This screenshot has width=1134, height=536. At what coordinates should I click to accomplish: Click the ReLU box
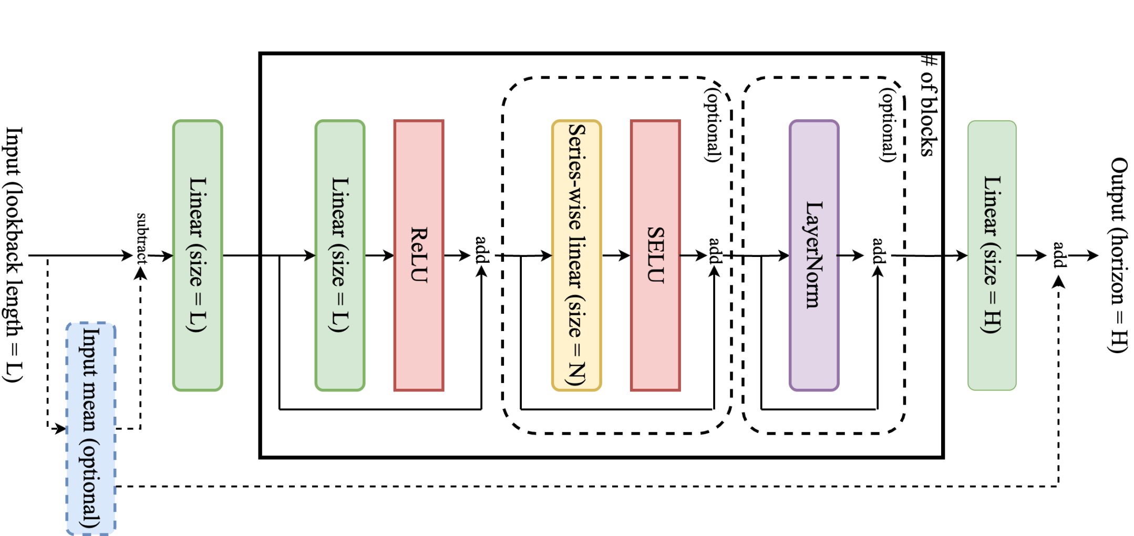click(x=419, y=255)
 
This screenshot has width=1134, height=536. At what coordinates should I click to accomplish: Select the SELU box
click(x=655, y=255)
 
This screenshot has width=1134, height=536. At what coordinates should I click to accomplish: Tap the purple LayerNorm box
click(x=814, y=255)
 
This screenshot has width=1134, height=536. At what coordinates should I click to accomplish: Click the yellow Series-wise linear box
click(x=576, y=255)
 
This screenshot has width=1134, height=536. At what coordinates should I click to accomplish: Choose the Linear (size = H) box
click(x=992, y=255)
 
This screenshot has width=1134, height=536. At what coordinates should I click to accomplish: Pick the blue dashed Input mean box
click(x=91, y=428)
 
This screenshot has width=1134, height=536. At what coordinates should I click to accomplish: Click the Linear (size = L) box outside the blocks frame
click(x=198, y=255)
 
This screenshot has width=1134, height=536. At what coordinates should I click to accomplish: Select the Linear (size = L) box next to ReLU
click(x=340, y=255)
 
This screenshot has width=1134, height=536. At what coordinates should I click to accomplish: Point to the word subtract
click(x=142, y=238)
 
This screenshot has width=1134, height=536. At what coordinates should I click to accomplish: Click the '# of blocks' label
click(x=929, y=105)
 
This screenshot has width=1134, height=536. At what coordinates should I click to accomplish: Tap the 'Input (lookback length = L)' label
click(x=14, y=255)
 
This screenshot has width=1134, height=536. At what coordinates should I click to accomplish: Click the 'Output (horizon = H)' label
click(x=1118, y=255)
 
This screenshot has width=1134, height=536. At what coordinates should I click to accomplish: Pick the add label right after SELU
click(x=715, y=251)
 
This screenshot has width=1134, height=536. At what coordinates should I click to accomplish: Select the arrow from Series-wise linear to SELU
click(x=616, y=256)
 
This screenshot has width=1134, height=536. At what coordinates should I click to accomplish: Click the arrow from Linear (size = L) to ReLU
click(x=379, y=256)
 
